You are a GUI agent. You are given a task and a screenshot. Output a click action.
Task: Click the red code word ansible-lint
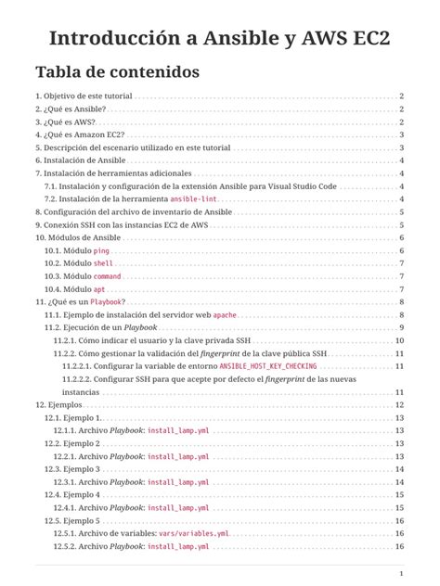(x=194, y=199)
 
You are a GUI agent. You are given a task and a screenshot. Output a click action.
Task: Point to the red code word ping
(x=101, y=251)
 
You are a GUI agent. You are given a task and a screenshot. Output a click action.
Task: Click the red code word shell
(x=103, y=263)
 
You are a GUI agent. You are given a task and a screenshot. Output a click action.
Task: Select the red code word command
(x=107, y=276)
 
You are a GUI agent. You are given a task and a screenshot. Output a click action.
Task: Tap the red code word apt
(x=99, y=289)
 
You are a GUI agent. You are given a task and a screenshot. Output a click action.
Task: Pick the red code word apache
(x=226, y=315)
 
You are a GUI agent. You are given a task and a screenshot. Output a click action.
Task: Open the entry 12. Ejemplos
(x=58, y=405)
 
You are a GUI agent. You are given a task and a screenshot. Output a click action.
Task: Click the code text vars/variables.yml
(x=193, y=534)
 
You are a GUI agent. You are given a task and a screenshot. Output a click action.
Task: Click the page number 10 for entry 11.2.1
(x=400, y=341)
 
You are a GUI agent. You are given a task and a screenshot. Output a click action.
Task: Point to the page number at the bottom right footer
(x=400, y=572)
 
